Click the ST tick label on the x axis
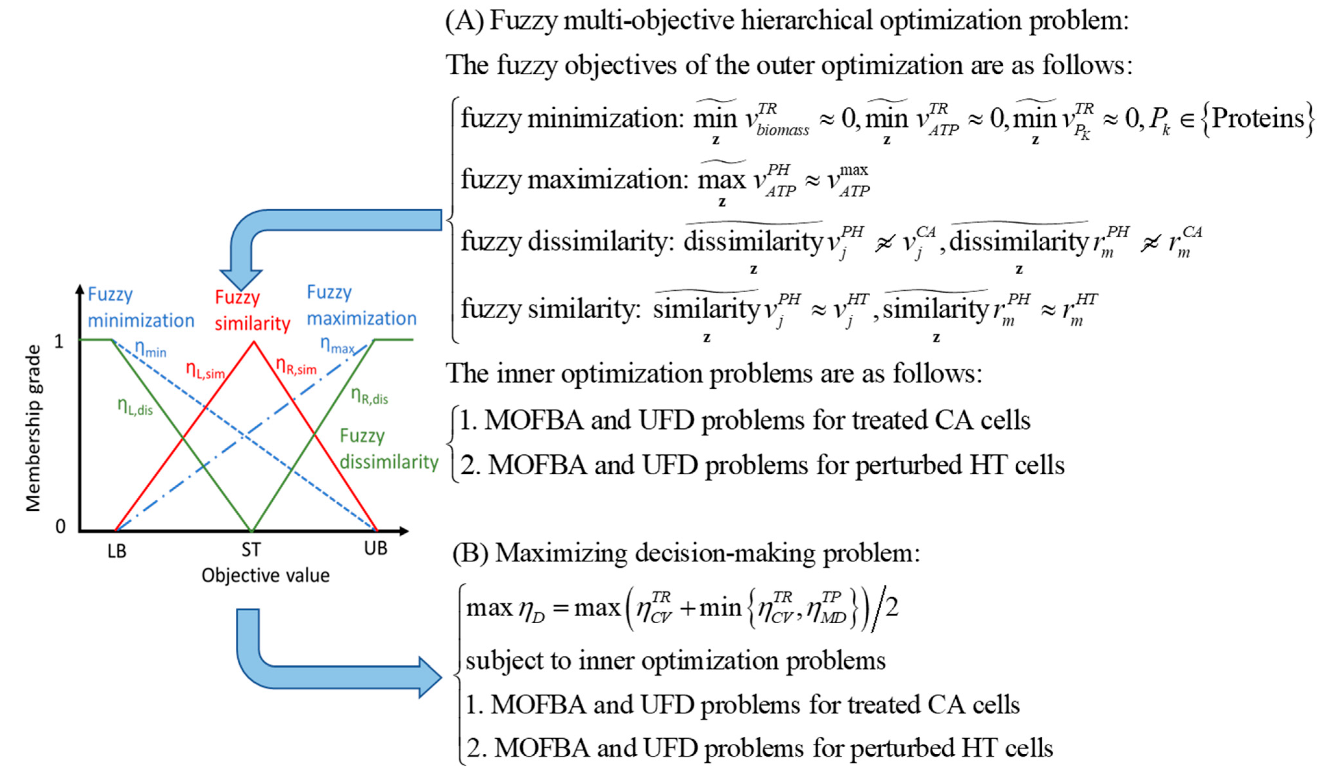pos(251,550)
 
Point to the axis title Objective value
pos(266,575)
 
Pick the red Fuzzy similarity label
pos(252,310)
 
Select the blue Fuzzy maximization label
pos(361,305)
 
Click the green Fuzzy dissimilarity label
pos(389,448)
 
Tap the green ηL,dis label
pos(135,406)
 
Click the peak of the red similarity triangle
pos(254,342)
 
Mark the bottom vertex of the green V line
pos(252,530)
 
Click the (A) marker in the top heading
pos(465,21)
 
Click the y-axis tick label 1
pos(59,342)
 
